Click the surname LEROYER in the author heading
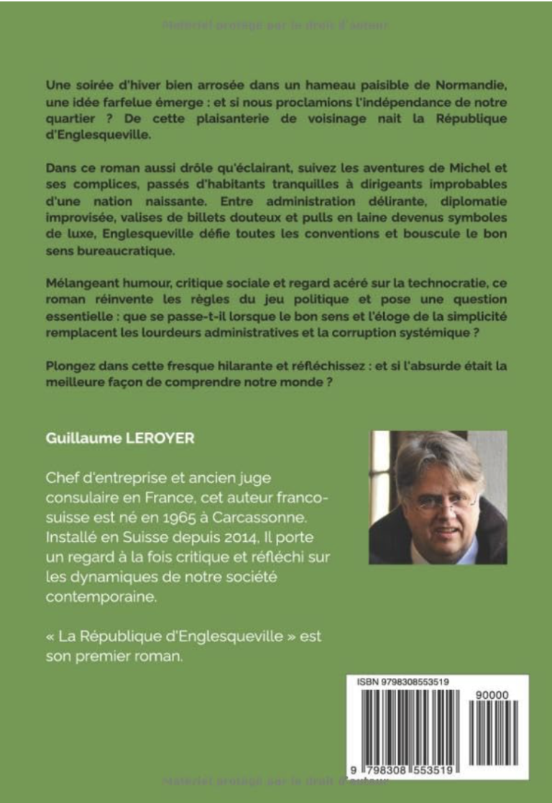click(163, 439)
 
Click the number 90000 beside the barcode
click(492, 695)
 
